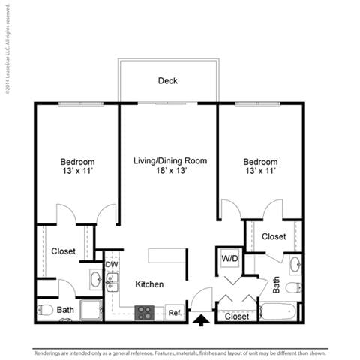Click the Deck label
167,81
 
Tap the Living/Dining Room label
170,160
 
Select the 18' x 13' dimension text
170,172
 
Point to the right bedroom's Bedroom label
260,162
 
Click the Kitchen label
149,284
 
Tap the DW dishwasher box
112,264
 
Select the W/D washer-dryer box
229,259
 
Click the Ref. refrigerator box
174,312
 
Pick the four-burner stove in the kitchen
144,312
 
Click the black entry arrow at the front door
201,320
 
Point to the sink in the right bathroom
295,264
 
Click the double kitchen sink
112,282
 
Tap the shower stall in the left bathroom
91,310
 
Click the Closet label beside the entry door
237,316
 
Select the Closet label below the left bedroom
63,251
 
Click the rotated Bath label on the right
276,284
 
